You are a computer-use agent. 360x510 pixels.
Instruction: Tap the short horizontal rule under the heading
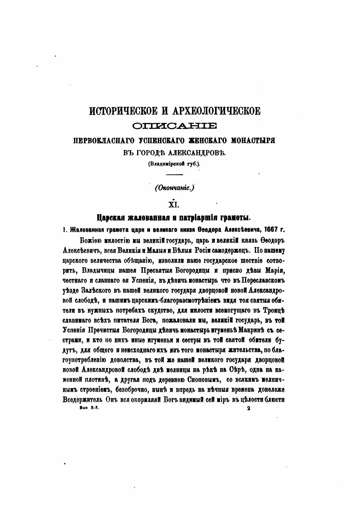174,175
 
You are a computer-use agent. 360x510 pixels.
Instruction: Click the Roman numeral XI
174,205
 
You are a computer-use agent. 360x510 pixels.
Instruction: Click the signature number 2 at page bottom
248,408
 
